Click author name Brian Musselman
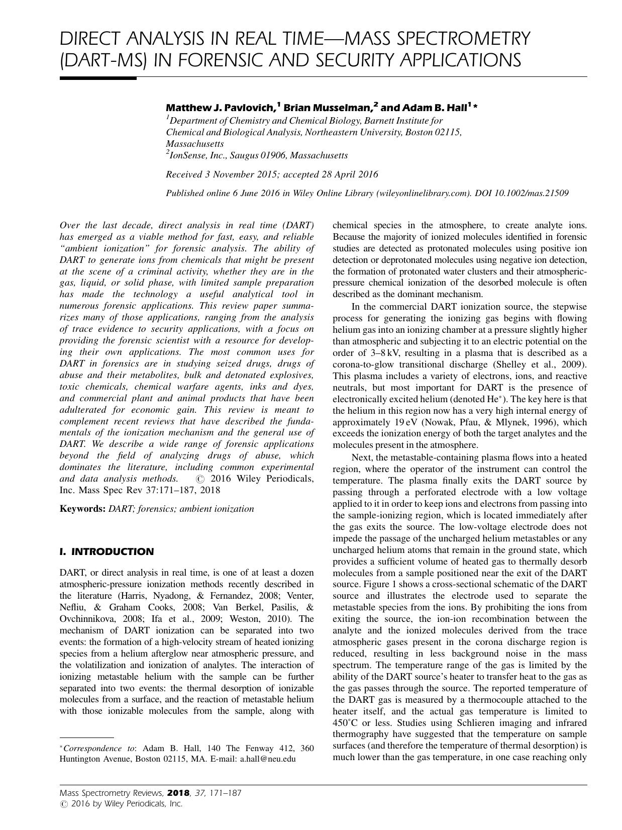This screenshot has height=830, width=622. (x=328, y=108)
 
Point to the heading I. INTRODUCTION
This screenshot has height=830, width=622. (x=107, y=551)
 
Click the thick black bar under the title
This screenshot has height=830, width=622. (x=98, y=78)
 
